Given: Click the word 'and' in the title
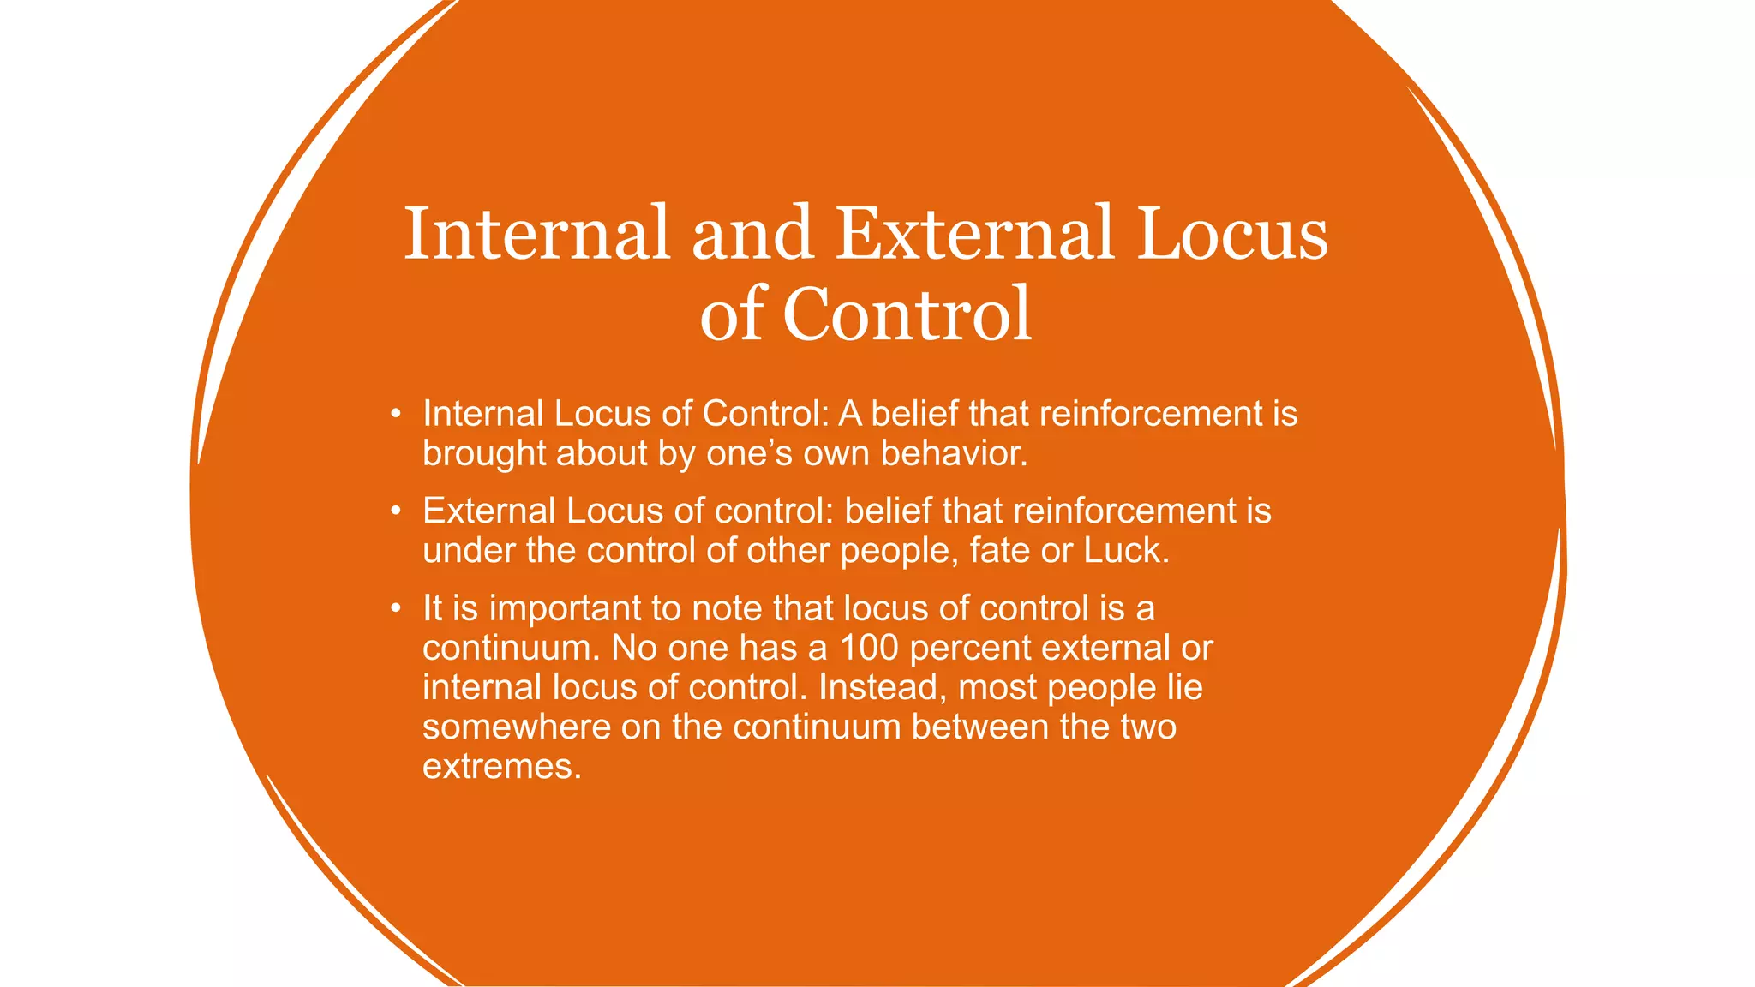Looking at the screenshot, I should point(752,233).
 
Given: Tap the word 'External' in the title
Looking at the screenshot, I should point(974,233).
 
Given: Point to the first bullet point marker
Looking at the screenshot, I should point(395,415).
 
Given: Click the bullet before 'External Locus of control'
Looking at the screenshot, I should point(395,511).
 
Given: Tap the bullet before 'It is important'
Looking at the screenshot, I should point(395,608).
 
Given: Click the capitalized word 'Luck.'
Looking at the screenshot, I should point(1126,550).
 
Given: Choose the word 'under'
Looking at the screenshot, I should point(469,550).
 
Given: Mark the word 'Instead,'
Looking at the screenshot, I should point(882,687).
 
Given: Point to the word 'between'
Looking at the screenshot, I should point(979,727).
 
